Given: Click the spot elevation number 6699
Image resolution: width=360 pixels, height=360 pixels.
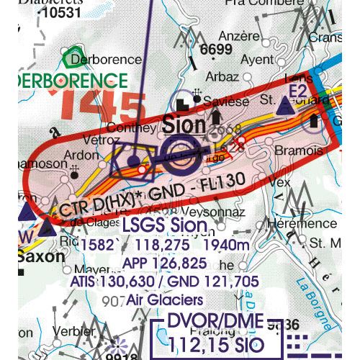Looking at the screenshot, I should tap(217, 50).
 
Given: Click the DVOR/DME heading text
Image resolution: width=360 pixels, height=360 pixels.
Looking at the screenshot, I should tap(217, 323).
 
